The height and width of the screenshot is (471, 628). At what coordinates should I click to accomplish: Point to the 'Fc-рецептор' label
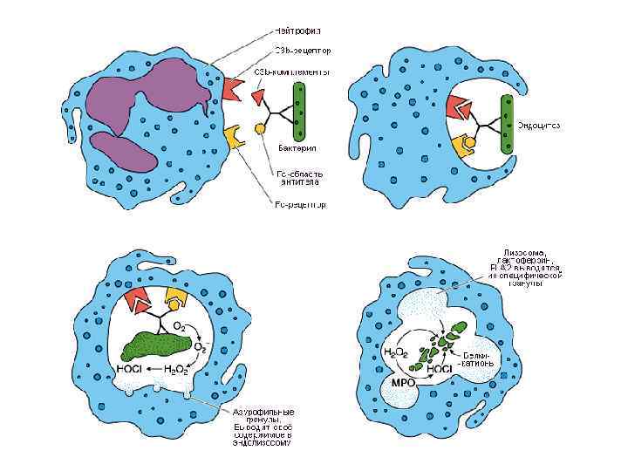300,206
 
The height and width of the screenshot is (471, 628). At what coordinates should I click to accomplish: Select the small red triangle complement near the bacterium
259,93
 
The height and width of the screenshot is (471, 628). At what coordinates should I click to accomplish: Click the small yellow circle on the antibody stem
259,129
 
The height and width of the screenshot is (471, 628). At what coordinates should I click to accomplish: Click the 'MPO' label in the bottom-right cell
400,382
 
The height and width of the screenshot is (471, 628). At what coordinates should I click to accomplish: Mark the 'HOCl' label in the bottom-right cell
438,370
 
